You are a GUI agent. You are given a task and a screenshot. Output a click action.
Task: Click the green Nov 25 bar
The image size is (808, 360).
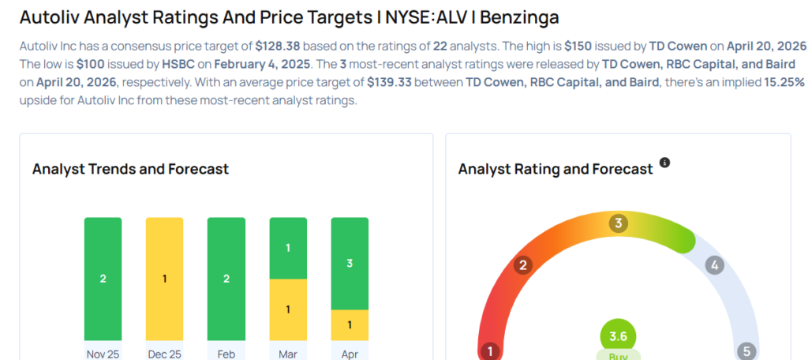click(103, 279)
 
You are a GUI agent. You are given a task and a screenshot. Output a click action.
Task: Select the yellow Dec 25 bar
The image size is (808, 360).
click(164, 279)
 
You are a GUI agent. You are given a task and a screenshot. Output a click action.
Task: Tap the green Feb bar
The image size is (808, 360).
click(226, 279)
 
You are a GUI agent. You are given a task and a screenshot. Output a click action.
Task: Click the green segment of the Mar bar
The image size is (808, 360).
click(288, 248)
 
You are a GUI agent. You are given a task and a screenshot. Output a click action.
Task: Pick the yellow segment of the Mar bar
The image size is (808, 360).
click(288, 309)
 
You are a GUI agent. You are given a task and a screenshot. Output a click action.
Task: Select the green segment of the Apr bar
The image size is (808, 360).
click(350, 263)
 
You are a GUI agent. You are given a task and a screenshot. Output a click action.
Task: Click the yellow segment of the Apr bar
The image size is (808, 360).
click(350, 324)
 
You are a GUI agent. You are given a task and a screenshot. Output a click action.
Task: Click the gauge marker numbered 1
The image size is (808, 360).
click(490, 351)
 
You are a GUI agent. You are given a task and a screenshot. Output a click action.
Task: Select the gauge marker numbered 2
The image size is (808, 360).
click(522, 265)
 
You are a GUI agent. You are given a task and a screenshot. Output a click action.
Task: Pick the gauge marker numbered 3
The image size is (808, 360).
click(619, 223)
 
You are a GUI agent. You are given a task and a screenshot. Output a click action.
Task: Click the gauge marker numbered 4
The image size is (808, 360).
click(715, 265)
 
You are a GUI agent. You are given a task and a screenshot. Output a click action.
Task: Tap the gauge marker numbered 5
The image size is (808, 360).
click(746, 351)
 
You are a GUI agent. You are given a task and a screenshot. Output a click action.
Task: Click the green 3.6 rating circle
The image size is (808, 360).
click(619, 336)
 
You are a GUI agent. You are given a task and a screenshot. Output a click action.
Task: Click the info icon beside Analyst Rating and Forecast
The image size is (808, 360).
click(664, 163)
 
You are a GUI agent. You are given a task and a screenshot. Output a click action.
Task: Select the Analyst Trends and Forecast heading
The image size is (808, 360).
click(130, 169)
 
